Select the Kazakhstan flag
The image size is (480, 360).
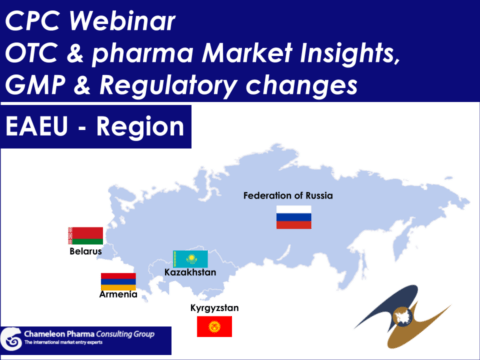[190, 258]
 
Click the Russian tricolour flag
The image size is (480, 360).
[294, 216]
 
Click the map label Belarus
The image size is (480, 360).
[86, 252]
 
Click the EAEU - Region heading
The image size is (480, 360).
[94, 128]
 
